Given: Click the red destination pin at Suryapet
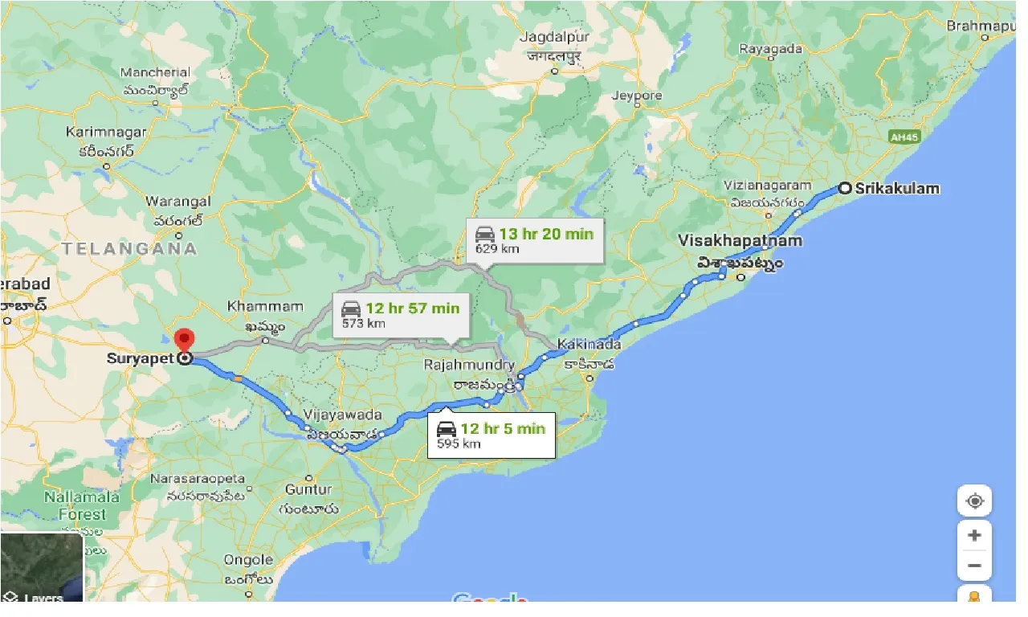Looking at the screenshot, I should point(185,341).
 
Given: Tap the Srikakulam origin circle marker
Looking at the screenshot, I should point(844,189).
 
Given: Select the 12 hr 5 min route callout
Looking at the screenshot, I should point(491,435).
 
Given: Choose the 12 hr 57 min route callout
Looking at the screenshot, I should point(400,314).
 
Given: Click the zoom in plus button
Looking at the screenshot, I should point(974,535).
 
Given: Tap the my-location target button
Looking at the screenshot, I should point(974,501).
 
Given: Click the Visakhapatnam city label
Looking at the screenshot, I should point(740,240).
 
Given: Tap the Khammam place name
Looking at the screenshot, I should point(265,306).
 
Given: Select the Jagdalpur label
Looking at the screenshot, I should point(554,38).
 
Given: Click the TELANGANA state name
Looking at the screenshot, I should point(129,248).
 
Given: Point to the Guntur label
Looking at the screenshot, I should point(308,488).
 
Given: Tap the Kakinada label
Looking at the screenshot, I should point(589,344).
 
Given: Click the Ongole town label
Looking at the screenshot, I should point(249,559).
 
